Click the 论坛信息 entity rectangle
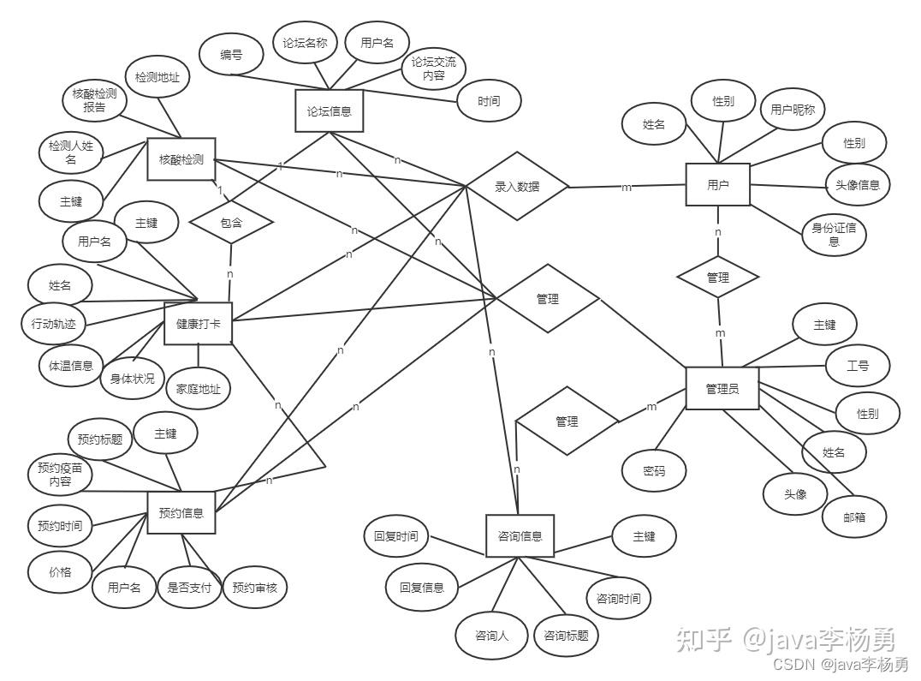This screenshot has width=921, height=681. coord(329,111)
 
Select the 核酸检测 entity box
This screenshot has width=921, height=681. coord(181,159)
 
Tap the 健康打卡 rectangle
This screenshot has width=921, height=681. coord(198,323)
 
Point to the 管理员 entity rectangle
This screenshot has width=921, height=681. coord(722,389)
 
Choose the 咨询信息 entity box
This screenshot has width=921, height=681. coord(520,536)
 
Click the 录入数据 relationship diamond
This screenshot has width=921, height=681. coord(517,186)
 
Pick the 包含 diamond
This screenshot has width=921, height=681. coord(231,223)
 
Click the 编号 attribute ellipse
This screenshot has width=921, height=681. coord(230,55)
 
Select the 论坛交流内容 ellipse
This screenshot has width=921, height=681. coord(433,69)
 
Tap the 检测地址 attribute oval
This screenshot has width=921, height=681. coord(157,77)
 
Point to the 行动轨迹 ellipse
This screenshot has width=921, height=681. coord(53,323)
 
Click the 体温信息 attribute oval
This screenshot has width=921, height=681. coord(70,365)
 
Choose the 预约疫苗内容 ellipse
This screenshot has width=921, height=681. coord(60,475)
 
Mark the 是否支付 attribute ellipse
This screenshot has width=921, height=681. coord(189,588)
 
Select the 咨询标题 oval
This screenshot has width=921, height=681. coord(566,636)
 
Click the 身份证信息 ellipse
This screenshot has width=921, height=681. coord(834,234)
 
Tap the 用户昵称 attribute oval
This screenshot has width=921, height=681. coord(792,109)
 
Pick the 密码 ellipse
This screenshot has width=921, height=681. coord(654,470)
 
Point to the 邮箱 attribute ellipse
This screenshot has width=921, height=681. coord(853,517)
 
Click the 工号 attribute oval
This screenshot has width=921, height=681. coord(858,366)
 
